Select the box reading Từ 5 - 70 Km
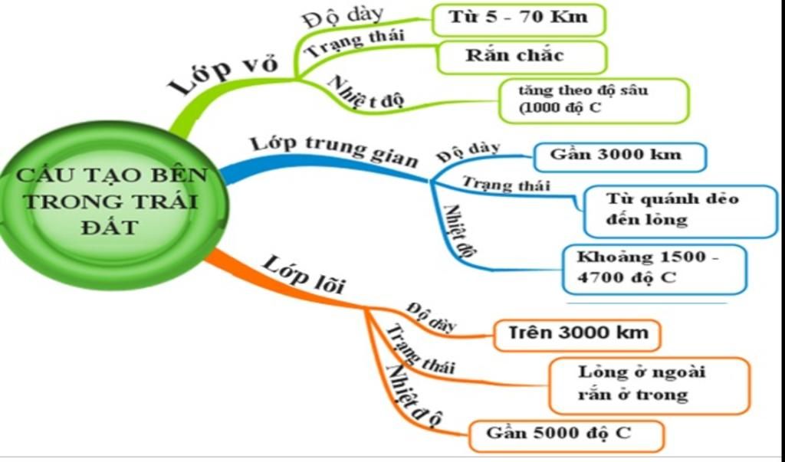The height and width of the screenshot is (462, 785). [x=519, y=19]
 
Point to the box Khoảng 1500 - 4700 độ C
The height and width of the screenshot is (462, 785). [x=653, y=268]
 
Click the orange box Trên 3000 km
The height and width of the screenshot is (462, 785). [x=576, y=334]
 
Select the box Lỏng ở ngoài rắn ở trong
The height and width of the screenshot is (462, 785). [x=649, y=385]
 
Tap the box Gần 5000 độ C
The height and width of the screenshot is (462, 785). [x=564, y=434]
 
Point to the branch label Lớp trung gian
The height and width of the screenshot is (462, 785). [x=334, y=149]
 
